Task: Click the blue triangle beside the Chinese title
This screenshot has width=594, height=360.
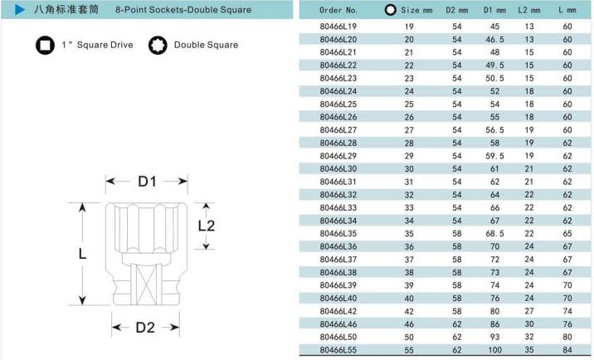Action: click(20, 9)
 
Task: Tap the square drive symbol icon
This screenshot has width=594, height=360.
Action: click(45, 45)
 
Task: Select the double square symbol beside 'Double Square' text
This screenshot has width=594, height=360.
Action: click(158, 45)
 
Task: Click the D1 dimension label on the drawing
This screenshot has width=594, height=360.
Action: click(147, 182)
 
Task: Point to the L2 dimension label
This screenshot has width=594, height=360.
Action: click(207, 226)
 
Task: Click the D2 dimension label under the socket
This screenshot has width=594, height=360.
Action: click(145, 328)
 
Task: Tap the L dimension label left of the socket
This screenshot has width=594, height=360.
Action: click(82, 254)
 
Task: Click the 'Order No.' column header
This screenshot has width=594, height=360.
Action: click(338, 10)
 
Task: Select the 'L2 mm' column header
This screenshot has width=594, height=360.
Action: click(528, 10)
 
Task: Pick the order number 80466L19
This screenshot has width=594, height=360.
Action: click(338, 27)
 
